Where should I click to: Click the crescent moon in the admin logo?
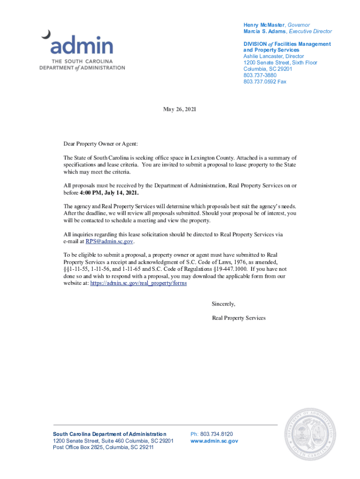pyautogui.click(x=46, y=34)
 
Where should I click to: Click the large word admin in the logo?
pyautogui.click(x=82, y=46)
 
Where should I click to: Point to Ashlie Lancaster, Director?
pyautogui.click(x=274, y=56)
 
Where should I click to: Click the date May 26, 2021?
pyautogui.click(x=180, y=109)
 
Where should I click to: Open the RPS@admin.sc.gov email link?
pyautogui.click(x=109, y=241)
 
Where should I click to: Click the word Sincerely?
pyautogui.click(x=223, y=304)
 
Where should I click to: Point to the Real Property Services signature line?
pyautogui.click(x=238, y=318)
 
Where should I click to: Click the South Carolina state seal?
pyautogui.click(x=311, y=434)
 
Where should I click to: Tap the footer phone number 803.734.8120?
pyautogui.click(x=216, y=434)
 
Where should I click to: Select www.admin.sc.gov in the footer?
pyautogui.click(x=214, y=441)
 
